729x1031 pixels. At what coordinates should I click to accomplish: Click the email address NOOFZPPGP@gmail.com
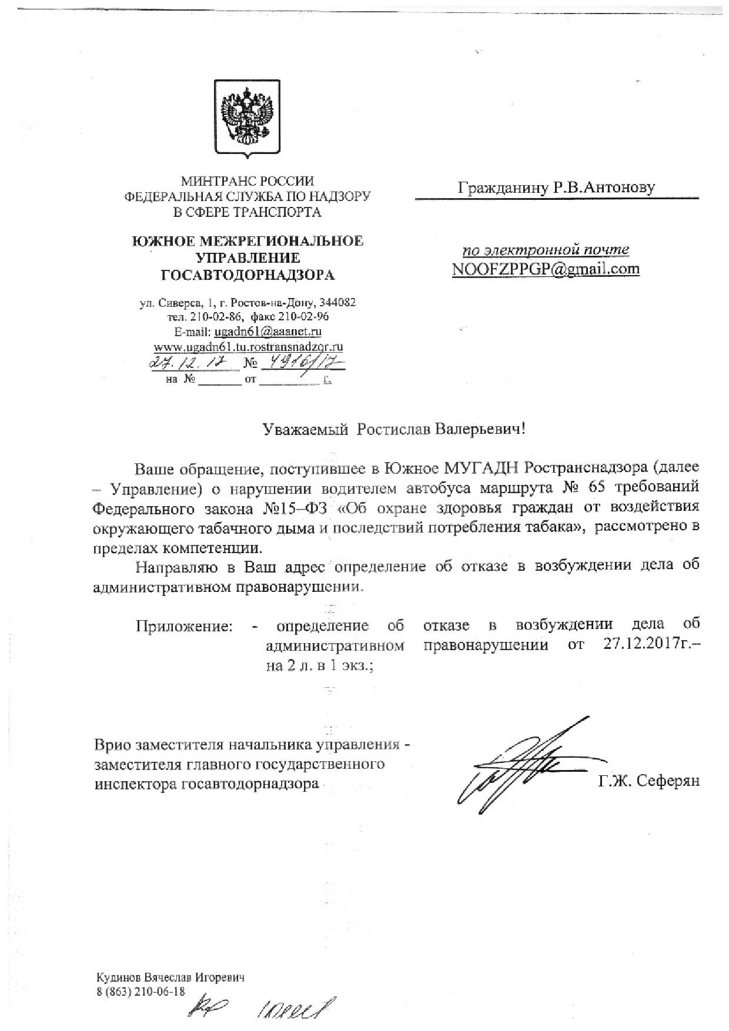tap(546, 269)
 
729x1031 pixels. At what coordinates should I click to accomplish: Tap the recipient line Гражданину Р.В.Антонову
tap(556, 188)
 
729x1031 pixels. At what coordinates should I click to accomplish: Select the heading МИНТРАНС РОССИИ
tap(247, 182)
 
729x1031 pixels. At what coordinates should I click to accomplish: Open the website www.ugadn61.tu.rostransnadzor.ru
tap(248, 346)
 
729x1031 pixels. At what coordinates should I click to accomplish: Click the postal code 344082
tap(336, 303)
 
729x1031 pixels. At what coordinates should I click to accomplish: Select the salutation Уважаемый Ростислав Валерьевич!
tap(393, 429)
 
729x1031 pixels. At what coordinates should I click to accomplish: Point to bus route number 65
tap(594, 487)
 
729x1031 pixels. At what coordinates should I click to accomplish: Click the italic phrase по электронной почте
tap(546, 249)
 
